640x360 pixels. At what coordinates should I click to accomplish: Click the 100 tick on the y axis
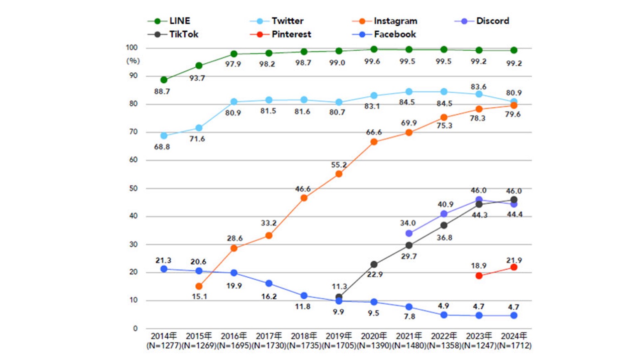tap(131, 48)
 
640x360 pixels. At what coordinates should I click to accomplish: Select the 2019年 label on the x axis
tap(338, 336)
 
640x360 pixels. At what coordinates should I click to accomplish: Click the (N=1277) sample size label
tap(164, 345)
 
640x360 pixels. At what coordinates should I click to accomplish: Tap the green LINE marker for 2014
tap(164, 80)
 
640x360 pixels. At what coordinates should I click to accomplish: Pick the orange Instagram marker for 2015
tap(199, 286)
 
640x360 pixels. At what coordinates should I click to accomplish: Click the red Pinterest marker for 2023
tap(479, 276)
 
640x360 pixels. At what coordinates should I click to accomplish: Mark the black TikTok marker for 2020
tap(374, 264)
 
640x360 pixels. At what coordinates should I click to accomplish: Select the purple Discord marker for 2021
tap(409, 234)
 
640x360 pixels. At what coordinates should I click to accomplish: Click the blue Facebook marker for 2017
tap(269, 284)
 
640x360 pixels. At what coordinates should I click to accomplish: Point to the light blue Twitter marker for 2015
tap(199, 128)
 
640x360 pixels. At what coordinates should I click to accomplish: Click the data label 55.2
tap(339, 165)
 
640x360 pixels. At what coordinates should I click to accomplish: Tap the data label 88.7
tap(162, 91)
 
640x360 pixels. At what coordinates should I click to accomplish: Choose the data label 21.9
tap(514, 261)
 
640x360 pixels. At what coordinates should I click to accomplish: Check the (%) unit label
tap(133, 61)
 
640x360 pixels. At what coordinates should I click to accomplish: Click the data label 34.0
tap(408, 223)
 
